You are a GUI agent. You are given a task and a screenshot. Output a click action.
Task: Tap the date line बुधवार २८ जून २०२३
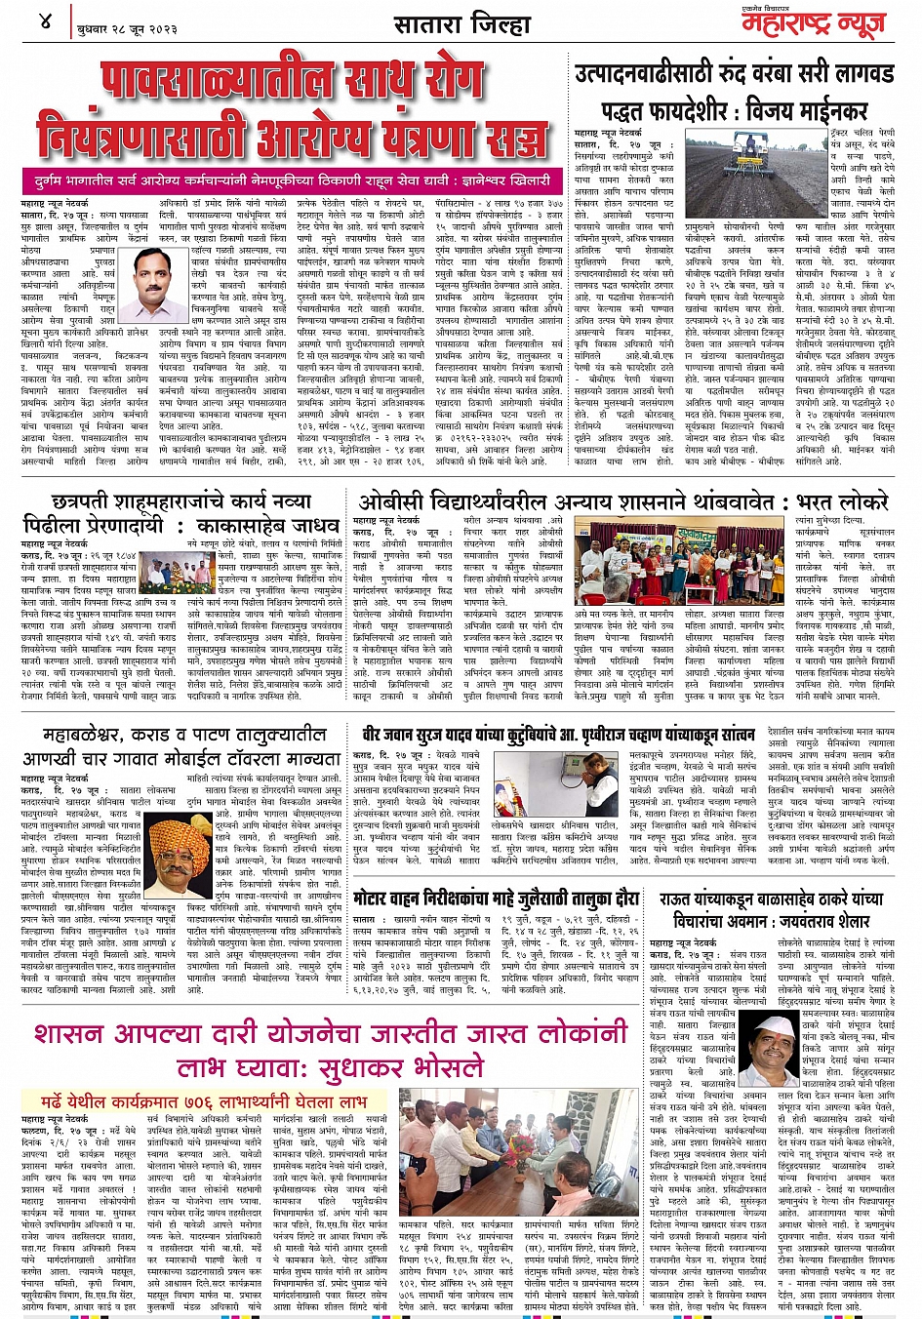127,27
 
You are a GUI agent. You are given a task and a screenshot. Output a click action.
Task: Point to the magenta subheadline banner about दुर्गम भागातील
292,180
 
